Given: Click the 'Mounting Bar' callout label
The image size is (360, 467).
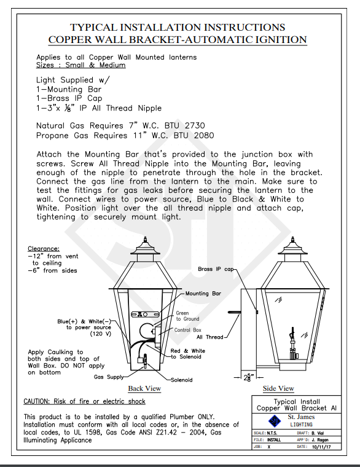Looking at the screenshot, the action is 203,294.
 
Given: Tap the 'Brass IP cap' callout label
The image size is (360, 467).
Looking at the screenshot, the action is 216,269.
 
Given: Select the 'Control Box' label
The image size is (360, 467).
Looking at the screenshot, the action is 187,330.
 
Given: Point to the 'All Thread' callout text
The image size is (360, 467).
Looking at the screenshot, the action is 210,337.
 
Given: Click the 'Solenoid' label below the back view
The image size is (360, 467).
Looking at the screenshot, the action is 182,380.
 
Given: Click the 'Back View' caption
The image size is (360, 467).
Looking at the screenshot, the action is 144,388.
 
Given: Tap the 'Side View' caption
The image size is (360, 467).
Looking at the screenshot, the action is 278,388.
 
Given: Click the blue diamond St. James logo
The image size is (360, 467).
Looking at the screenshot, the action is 275,421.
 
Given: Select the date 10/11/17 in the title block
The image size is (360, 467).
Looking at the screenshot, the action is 321,447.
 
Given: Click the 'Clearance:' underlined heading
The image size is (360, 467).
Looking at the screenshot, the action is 44,249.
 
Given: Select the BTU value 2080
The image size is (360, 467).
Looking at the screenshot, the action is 204,136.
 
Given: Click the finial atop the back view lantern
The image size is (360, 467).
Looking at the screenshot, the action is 146,240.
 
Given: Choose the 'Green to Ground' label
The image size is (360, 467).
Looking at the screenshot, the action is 187,316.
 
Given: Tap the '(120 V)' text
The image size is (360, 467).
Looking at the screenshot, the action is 101,334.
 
